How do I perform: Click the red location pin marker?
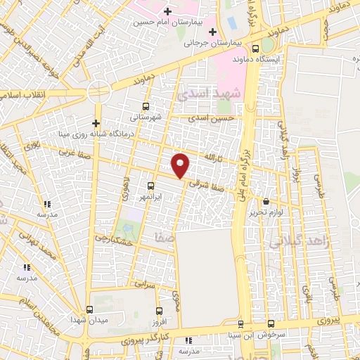[x=181, y=165]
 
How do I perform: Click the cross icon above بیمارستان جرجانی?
[x=212, y=32]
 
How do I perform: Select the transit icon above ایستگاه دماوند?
[x=255, y=49]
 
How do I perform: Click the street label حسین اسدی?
[x=215, y=120]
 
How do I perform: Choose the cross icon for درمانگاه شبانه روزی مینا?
[x=96, y=122]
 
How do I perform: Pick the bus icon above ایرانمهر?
[x=151, y=186]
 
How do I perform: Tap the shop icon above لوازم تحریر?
[x=266, y=202]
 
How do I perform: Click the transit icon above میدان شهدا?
[x=89, y=309]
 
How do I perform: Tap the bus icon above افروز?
[x=159, y=310]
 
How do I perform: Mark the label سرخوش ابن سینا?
[x=269, y=335]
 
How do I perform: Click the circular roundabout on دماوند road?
[x=98, y=92]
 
